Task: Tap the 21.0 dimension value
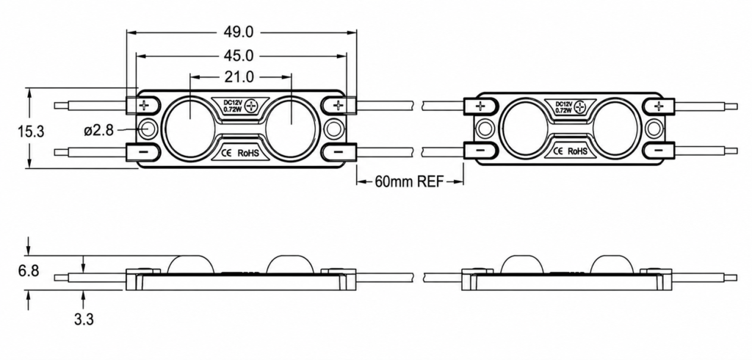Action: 239,76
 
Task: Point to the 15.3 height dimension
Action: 31,132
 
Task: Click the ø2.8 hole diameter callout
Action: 99,129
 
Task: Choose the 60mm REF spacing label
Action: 409,181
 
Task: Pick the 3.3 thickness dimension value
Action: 84,319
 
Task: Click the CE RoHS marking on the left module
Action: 239,153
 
